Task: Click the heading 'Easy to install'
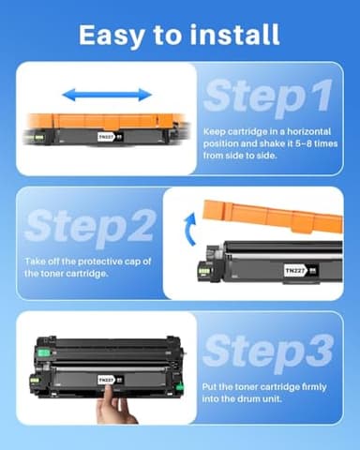[179, 35]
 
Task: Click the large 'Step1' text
[267, 97]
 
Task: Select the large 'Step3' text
[267, 350]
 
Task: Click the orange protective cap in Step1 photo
[98, 120]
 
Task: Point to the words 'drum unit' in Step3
[260, 397]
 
